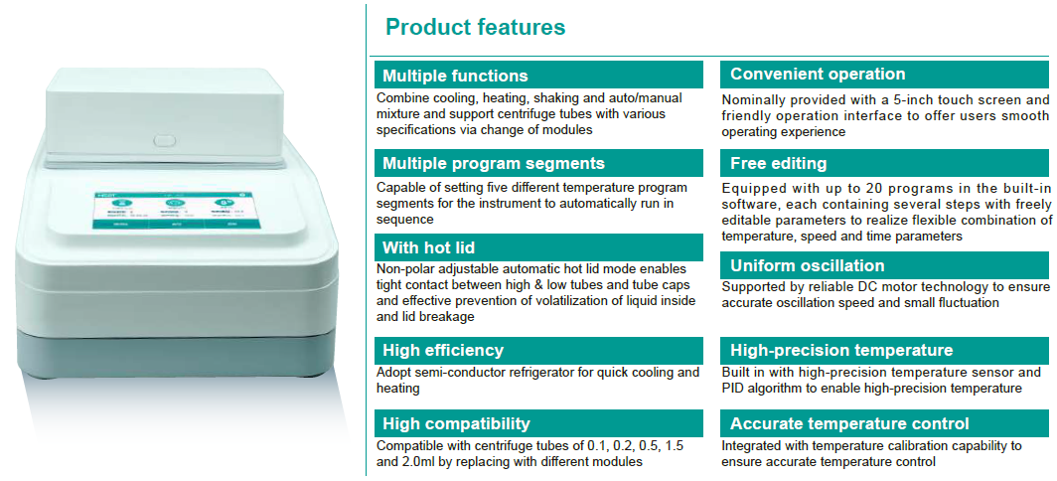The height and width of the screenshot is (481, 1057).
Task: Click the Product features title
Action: coord(475,27)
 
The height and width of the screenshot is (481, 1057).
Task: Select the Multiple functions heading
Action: coord(455,75)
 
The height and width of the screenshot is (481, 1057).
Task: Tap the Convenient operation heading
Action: coord(818,75)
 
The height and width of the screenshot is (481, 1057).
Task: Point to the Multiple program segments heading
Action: coord(494,163)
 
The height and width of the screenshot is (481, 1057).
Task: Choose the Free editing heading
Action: coord(778,163)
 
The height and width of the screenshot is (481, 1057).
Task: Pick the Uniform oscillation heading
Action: coord(807,265)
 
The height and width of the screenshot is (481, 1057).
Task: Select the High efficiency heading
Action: coord(443,350)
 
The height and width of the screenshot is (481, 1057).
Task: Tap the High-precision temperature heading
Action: coord(841,350)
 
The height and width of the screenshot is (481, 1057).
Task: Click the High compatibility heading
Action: coord(456,423)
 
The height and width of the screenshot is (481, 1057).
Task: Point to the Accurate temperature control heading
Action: coord(849,423)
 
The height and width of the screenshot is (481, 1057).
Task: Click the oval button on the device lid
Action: coord(165,140)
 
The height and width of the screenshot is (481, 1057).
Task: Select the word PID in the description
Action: coord(733,388)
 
